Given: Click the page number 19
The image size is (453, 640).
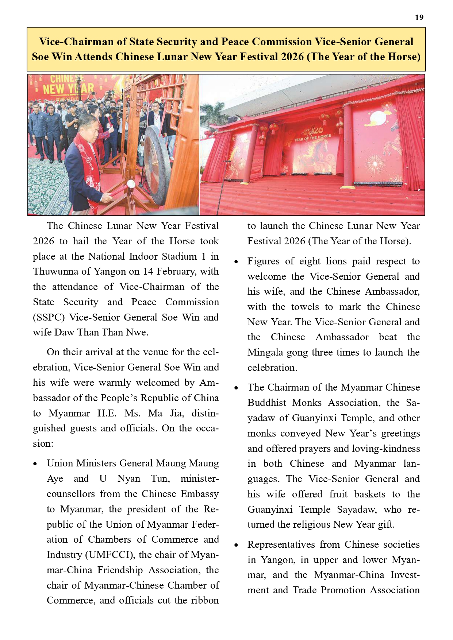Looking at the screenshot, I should point(419,18).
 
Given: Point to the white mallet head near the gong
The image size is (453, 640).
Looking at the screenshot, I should point(130,184).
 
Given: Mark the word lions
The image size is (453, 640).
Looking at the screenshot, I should point(336,261).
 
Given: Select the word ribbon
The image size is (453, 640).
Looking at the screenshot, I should point(205,601).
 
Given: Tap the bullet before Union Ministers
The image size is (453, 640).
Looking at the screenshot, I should point(35,464).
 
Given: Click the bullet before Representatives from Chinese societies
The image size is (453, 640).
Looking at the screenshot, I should point(236,545).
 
